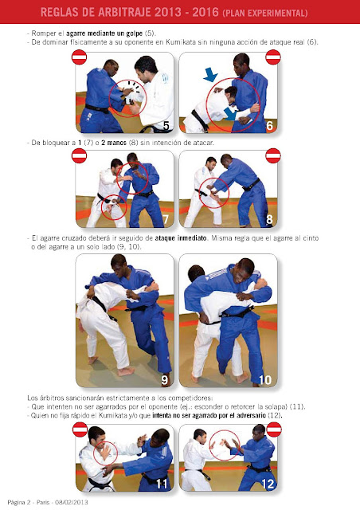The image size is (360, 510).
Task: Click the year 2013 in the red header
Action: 168,13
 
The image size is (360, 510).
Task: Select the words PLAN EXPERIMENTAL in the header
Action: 265,13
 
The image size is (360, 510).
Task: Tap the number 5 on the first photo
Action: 166,126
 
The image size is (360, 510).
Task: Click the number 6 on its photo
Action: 269,126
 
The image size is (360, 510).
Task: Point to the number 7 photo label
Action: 166,220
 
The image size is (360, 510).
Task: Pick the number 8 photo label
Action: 269,220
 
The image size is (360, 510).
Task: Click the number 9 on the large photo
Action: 165,380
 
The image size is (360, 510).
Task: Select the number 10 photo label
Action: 265,380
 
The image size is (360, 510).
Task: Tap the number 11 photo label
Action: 162,484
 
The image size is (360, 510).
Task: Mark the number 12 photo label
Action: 268,484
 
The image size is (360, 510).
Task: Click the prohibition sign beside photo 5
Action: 79,57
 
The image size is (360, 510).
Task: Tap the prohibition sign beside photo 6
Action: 273,57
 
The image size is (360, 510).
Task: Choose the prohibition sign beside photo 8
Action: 273,155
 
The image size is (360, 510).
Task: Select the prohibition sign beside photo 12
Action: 274,430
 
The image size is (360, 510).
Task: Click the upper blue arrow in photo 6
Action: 210,74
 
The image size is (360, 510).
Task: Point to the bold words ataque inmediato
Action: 181,238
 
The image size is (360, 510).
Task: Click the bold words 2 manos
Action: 114,143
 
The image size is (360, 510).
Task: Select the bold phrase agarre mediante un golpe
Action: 104,33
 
